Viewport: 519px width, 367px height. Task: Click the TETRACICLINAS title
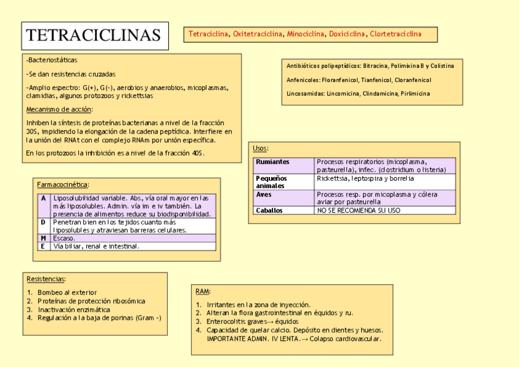94,36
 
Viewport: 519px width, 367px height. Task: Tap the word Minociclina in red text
305,34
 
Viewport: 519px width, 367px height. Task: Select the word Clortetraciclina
395,34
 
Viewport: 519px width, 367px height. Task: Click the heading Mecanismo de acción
59,110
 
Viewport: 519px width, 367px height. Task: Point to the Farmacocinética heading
63,184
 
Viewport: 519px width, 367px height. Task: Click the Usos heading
260,148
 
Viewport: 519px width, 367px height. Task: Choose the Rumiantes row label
273,162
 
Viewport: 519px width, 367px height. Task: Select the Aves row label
264,194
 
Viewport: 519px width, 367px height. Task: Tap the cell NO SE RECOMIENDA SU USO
358,210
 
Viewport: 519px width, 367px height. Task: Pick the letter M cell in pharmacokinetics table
43,238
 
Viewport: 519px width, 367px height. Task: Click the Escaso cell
64,238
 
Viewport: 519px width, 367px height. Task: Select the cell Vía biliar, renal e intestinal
96,246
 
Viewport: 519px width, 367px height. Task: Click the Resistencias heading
46,279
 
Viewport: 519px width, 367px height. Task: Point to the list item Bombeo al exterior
67,293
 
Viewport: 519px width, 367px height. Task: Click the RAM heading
203,291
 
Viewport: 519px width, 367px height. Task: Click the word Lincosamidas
305,94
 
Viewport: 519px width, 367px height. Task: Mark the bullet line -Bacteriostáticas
52,61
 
